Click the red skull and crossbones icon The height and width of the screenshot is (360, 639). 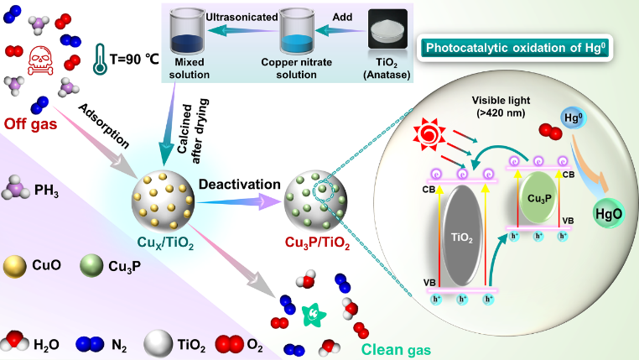click(40, 60)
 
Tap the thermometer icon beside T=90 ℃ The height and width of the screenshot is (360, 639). click(100, 59)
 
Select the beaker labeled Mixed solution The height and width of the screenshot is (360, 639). click(188, 32)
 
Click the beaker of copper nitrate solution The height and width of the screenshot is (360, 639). click(297, 32)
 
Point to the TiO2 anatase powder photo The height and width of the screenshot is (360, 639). click(387, 29)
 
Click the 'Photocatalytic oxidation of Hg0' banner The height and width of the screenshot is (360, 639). click(515, 48)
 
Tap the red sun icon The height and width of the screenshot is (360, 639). click(429, 133)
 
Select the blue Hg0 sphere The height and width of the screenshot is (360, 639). click(573, 118)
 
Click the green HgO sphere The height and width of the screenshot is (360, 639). click(609, 213)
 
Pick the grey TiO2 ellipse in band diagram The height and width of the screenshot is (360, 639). click(462, 236)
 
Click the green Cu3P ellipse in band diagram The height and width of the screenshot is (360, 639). click(539, 198)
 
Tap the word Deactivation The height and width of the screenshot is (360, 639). click(240, 185)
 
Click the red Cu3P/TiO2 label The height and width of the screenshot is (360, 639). click(317, 243)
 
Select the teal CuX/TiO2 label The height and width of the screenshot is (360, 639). click(165, 243)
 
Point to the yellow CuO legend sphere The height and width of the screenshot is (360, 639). click(14, 267)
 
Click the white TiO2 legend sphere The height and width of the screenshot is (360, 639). click(158, 344)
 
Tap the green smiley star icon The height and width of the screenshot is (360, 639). click(314, 314)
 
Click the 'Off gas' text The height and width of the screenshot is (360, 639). click(30, 123)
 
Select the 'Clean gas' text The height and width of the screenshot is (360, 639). click(396, 349)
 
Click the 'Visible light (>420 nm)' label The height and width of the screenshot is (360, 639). click(501, 107)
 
